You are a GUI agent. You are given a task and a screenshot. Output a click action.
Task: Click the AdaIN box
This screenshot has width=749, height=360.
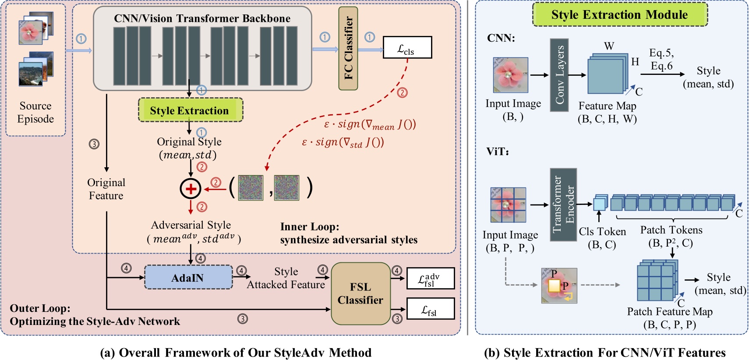188,278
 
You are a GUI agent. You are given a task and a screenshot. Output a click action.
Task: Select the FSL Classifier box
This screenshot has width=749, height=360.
360,293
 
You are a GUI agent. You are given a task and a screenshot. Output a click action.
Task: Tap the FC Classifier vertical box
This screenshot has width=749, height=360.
348,48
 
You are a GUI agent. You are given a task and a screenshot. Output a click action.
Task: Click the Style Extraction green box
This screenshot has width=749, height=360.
190,110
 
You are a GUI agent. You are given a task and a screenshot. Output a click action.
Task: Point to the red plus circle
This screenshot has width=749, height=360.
191,189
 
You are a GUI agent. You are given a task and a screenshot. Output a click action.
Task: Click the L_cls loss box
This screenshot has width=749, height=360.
407,47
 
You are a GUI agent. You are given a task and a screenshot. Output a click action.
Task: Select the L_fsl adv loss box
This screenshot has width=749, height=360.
430,279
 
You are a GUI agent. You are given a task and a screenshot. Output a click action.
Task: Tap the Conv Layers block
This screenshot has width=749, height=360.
559,75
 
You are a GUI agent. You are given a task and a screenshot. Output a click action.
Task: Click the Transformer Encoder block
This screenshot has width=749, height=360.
563,204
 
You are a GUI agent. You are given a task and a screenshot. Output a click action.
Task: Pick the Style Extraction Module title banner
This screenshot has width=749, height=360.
619,14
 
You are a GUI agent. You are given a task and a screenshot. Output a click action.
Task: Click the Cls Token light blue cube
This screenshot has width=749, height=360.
599,204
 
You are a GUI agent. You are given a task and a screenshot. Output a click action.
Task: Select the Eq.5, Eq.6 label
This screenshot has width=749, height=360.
661,60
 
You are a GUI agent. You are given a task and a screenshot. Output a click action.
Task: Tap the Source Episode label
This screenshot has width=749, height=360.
35,113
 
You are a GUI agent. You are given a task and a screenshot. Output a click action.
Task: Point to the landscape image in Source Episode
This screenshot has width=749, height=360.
32,74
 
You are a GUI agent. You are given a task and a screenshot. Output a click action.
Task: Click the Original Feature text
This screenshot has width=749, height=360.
106,189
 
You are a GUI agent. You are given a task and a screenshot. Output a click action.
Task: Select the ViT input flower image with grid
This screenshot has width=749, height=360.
508,205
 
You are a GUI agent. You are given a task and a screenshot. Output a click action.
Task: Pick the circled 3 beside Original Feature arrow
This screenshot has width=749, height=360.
94,144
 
